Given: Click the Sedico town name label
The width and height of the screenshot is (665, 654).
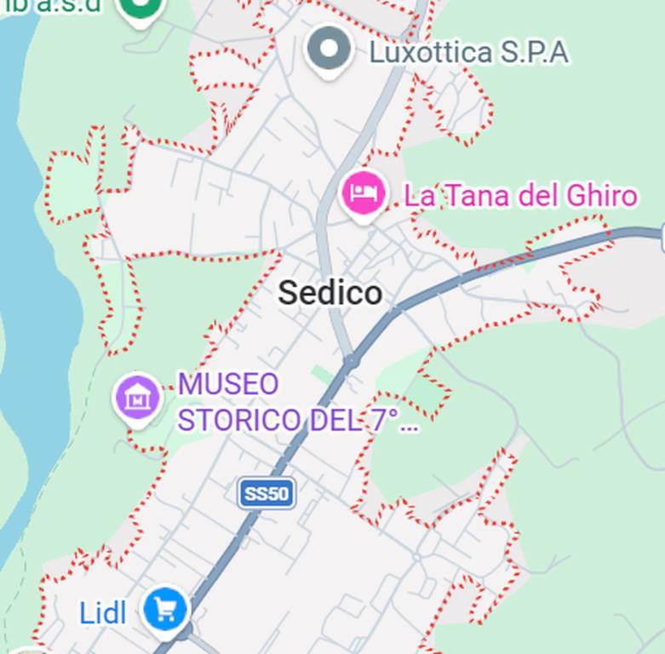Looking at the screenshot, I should pyautogui.click(x=330, y=294).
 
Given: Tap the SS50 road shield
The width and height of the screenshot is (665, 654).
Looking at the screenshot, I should pyautogui.click(x=267, y=494).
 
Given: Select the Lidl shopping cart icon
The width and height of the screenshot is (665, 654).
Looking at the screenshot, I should pyautogui.click(x=165, y=610).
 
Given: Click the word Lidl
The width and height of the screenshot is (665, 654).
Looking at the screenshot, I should pyautogui.click(x=102, y=613).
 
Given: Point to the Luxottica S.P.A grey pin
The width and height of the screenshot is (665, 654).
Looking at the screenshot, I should pyautogui.click(x=330, y=50).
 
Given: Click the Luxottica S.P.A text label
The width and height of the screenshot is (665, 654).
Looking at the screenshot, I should pyautogui.click(x=467, y=53).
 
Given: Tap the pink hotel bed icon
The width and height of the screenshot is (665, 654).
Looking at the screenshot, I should pyautogui.click(x=364, y=193).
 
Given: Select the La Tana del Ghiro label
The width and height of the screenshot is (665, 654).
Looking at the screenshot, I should pyautogui.click(x=520, y=196).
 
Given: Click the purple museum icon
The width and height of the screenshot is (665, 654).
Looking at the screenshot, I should pyautogui.click(x=137, y=397).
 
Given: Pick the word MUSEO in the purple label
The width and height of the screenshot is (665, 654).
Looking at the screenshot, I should pyautogui.click(x=228, y=384).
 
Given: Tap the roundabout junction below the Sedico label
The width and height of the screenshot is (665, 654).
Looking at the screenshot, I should pyautogui.click(x=351, y=362).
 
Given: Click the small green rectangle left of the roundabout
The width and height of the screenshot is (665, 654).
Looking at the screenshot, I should pyautogui.click(x=322, y=374).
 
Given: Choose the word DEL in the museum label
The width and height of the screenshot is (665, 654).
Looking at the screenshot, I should pyautogui.click(x=334, y=420).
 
